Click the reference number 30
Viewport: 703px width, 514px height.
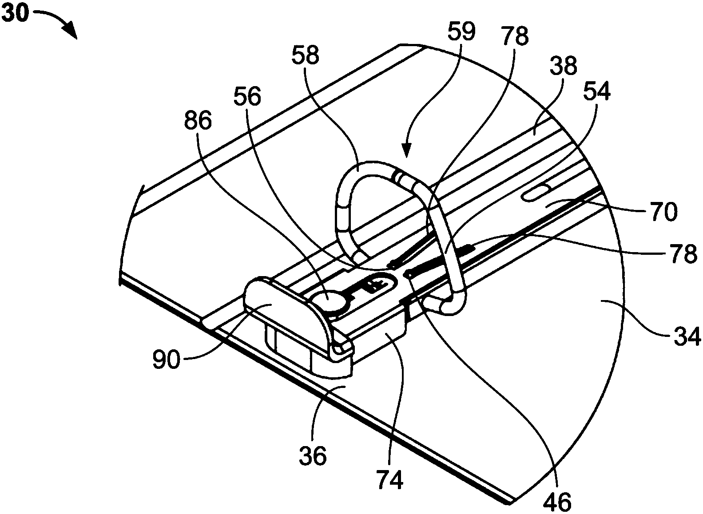16,14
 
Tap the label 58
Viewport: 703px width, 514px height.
305,56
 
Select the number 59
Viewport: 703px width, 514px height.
461,32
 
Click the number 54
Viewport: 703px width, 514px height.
596,92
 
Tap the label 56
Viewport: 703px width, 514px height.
247,97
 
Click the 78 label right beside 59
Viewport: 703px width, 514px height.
515,36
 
